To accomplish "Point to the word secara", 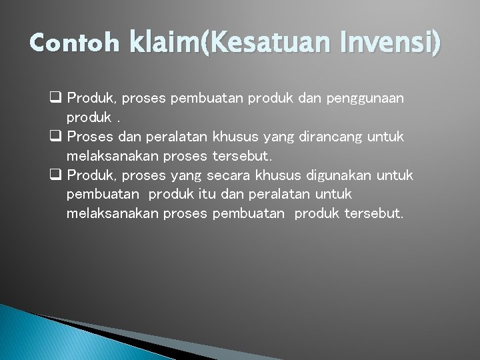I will (229, 175).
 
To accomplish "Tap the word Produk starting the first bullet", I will (91, 99).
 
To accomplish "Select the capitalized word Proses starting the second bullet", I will (91, 137).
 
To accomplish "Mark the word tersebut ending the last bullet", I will (374, 213).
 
